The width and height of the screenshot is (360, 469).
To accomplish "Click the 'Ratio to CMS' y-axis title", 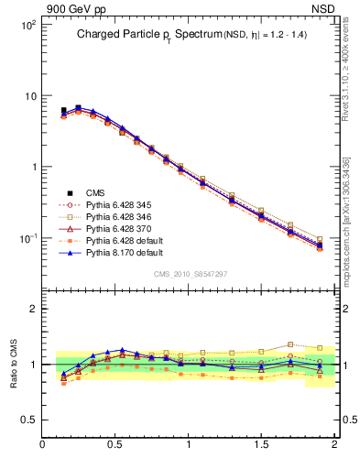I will [x=14, y=362].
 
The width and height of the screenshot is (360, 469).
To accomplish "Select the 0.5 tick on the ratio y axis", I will [x=29, y=420].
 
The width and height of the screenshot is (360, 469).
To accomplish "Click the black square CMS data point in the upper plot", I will [x=63, y=111].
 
